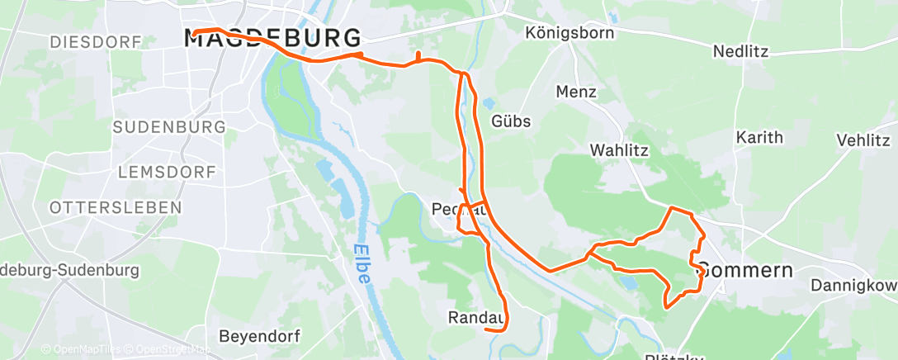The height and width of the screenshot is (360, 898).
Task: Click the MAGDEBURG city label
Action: click(x=272, y=39)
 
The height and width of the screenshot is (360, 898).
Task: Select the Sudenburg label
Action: click(x=168, y=127)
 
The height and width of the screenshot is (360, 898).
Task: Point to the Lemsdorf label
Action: click(x=168, y=172)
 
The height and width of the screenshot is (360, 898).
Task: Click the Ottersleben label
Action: click(x=115, y=208)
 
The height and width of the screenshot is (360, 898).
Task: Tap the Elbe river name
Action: click(x=361, y=264)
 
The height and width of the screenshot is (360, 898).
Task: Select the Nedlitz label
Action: click(x=740, y=51)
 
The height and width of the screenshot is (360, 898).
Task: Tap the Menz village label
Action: click(x=576, y=92)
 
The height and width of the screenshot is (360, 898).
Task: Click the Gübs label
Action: click(x=511, y=121)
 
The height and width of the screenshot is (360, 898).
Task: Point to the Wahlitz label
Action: click(x=619, y=150)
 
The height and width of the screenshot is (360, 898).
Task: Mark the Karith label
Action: click(x=759, y=137)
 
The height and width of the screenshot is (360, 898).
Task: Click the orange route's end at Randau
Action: click(x=485, y=329)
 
